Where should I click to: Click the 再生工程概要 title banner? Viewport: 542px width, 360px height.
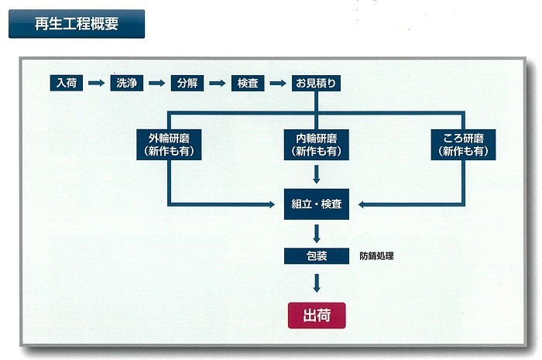(x=77, y=24)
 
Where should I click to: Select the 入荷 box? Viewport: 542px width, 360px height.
(x=65, y=82)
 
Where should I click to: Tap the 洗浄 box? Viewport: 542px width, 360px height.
(x=126, y=82)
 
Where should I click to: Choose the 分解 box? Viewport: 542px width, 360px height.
(x=187, y=82)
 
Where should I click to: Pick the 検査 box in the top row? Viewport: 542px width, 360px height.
(x=248, y=82)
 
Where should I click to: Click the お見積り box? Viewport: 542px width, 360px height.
(x=315, y=82)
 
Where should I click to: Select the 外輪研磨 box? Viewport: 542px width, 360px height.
(x=170, y=145)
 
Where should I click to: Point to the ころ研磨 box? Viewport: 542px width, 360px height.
(x=464, y=145)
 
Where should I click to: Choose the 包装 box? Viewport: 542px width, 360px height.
(x=317, y=255)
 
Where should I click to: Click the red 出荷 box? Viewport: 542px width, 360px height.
(x=317, y=315)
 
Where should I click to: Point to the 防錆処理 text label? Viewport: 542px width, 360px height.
(x=377, y=255)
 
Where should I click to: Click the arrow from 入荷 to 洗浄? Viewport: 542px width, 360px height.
(x=96, y=82)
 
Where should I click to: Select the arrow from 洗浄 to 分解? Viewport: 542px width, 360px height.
(x=156, y=82)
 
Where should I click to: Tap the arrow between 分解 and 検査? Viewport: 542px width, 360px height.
(x=218, y=82)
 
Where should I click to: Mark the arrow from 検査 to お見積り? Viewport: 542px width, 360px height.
(x=278, y=82)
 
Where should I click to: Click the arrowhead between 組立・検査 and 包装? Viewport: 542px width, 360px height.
(x=317, y=235)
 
